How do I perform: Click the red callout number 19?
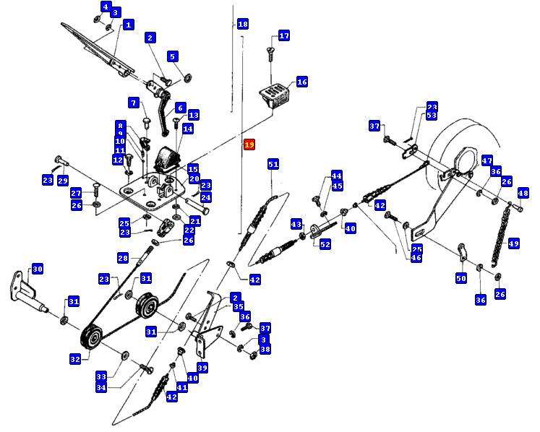(249, 144)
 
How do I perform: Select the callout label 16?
(301, 82)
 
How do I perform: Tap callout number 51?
(273, 164)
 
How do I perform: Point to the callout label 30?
(37, 269)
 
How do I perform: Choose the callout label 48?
(523, 193)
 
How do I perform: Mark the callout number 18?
(242, 25)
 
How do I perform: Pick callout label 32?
(74, 358)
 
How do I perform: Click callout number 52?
(325, 245)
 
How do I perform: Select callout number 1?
(128, 25)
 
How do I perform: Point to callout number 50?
(461, 278)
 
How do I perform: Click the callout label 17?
(283, 35)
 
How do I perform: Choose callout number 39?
(202, 368)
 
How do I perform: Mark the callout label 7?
(134, 103)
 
